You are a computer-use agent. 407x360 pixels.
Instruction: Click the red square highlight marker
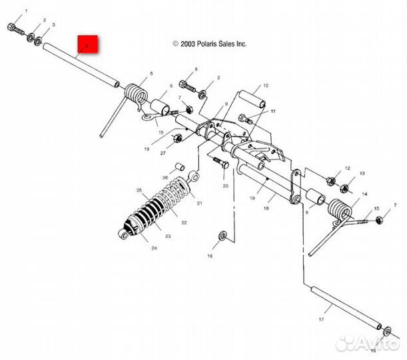pos(88,45)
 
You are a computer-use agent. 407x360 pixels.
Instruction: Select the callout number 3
pos(53,25)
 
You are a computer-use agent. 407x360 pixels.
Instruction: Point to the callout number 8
pos(197,69)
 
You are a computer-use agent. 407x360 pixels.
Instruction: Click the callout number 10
pos(265,86)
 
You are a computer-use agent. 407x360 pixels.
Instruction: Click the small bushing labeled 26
pos(179,166)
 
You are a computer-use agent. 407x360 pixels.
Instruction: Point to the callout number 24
pos(154,248)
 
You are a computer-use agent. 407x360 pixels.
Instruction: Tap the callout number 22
pos(185,223)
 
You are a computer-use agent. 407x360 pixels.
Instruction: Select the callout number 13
pos(362,173)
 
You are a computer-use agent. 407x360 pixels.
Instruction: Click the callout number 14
pos(364,195)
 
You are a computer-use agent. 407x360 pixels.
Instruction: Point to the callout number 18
pos(265,209)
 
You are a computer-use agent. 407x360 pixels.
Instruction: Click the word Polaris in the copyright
pos(203,43)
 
